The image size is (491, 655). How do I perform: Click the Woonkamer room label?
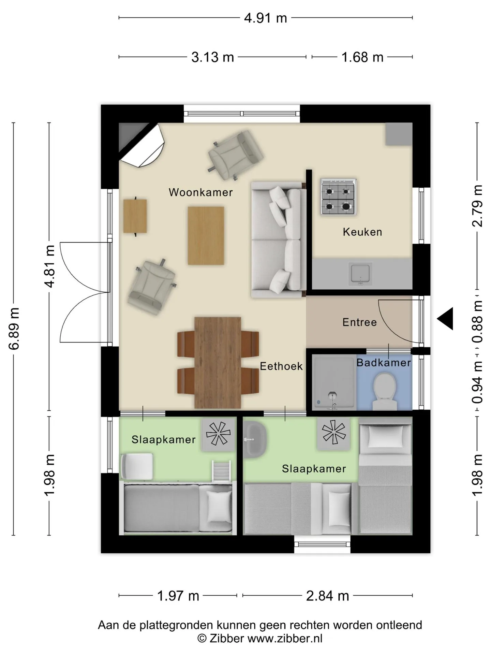(x=200, y=192)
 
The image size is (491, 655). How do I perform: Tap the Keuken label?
(x=362, y=232)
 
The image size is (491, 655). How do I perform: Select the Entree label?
(x=359, y=322)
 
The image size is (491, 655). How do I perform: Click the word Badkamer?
(x=384, y=363)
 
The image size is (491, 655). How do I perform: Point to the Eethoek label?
(x=281, y=366)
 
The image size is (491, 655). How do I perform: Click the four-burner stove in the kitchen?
(x=338, y=197)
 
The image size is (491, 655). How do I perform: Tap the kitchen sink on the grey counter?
(x=360, y=274)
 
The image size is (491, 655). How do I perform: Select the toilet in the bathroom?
(x=385, y=391)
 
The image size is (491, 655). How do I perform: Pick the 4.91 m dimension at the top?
(x=266, y=18)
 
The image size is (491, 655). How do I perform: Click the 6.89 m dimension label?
(x=14, y=329)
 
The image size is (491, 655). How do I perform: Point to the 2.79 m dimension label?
(x=477, y=206)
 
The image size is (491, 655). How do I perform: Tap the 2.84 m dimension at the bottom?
(x=328, y=596)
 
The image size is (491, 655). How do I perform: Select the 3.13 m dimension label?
(x=213, y=57)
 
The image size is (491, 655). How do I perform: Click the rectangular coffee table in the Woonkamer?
(x=206, y=235)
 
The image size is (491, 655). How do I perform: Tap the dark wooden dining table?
(x=218, y=363)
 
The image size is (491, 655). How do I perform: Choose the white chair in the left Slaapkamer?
(x=137, y=466)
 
